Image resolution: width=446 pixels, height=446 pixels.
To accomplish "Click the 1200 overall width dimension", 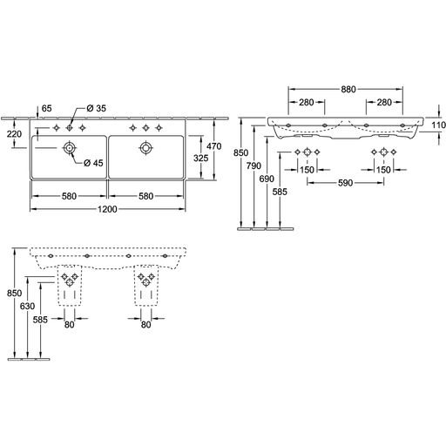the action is [x=107, y=209].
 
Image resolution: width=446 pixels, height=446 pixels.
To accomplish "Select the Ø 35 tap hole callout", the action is [x=97, y=108].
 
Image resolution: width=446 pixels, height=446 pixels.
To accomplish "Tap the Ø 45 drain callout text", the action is [x=93, y=163].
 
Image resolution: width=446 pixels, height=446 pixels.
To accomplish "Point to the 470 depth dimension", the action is [x=214, y=146].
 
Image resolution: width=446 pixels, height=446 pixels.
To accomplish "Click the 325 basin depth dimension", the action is [x=201, y=158].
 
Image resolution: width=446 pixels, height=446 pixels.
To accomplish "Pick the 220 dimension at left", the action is [x=14, y=134].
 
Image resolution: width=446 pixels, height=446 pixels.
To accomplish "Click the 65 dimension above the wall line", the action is [x=46, y=108].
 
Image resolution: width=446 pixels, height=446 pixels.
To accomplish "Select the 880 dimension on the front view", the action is [x=348, y=89].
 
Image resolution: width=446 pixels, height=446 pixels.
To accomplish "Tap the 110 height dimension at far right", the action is [x=438, y=125].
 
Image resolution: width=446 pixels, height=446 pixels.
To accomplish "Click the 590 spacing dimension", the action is [x=346, y=183].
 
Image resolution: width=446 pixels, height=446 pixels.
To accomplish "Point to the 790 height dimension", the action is [x=253, y=166].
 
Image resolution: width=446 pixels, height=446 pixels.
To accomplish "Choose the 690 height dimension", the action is [x=267, y=179].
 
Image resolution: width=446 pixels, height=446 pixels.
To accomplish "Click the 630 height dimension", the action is [x=27, y=306].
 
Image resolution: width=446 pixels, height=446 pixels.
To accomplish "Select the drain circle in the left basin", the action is [x=69, y=148].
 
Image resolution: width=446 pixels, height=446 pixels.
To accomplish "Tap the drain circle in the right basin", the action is [x=145, y=148].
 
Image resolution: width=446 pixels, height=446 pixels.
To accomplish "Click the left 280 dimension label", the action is [x=307, y=102].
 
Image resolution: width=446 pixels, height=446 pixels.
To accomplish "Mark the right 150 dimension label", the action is [x=383, y=170].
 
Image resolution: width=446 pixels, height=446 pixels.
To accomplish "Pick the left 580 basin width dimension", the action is [x=69, y=196].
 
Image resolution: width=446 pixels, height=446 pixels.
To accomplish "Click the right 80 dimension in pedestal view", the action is [x=145, y=324].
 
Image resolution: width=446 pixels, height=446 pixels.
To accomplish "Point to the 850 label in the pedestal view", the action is [x=14, y=293].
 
